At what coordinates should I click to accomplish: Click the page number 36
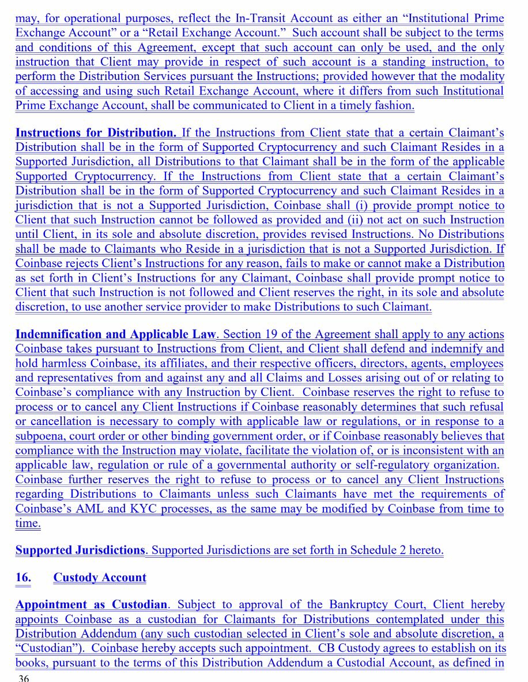click(x=24, y=677)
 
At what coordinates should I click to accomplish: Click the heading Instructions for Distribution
click(x=96, y=133)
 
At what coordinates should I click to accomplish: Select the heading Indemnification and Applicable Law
click(x=115, y=334)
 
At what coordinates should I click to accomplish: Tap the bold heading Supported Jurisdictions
click(x=80, y=550)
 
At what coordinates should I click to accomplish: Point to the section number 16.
click(x=23, y=577)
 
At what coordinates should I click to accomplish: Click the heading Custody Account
click(x=100, y=577)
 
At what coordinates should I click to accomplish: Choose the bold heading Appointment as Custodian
click(x=91, y=605)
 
